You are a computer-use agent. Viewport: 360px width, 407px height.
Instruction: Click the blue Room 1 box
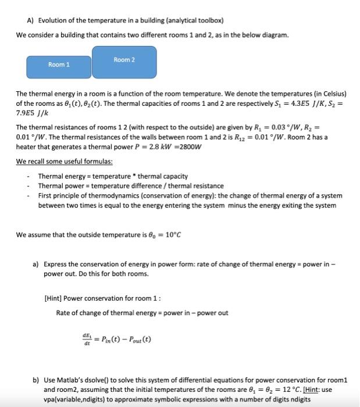59,65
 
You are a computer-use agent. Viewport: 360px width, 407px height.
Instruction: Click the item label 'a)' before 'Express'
36,264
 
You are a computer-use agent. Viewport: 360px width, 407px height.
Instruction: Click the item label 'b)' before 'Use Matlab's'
36,380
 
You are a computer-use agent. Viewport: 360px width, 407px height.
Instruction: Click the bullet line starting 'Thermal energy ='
113,176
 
